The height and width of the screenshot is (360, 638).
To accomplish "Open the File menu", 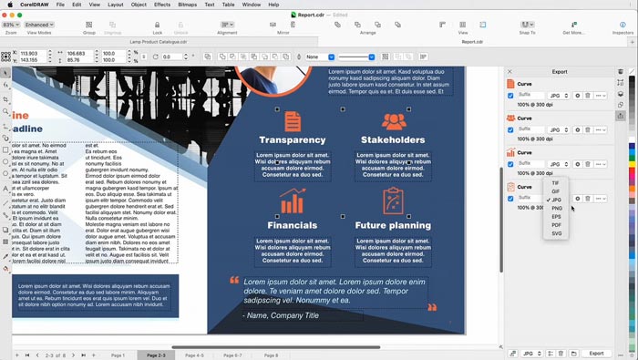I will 60,5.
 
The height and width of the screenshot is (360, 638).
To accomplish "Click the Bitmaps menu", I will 187,5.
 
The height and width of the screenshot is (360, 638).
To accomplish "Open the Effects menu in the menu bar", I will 162,5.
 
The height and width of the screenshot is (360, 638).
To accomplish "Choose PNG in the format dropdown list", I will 557,208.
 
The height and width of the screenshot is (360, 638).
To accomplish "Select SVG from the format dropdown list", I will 557,233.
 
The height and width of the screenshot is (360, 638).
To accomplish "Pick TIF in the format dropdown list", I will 556,183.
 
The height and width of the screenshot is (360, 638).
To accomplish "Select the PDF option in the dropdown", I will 557,225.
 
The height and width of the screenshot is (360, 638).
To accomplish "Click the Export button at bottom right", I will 595,353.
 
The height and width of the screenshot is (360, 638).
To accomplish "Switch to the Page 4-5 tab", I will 194,355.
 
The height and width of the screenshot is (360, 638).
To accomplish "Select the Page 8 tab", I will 271,355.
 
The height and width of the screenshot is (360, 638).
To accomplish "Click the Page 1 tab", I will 118,355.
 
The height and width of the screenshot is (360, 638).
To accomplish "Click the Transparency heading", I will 292,140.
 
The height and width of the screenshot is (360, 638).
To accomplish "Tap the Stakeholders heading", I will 393,140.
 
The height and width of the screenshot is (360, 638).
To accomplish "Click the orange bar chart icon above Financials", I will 292,201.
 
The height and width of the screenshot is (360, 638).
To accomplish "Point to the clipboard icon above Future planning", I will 393,200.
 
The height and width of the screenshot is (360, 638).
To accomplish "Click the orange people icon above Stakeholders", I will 393,120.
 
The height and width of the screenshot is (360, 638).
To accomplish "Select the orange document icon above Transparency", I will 292,120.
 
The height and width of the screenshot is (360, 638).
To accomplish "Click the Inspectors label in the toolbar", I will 623,32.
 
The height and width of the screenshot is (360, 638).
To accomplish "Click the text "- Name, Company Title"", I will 281,315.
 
